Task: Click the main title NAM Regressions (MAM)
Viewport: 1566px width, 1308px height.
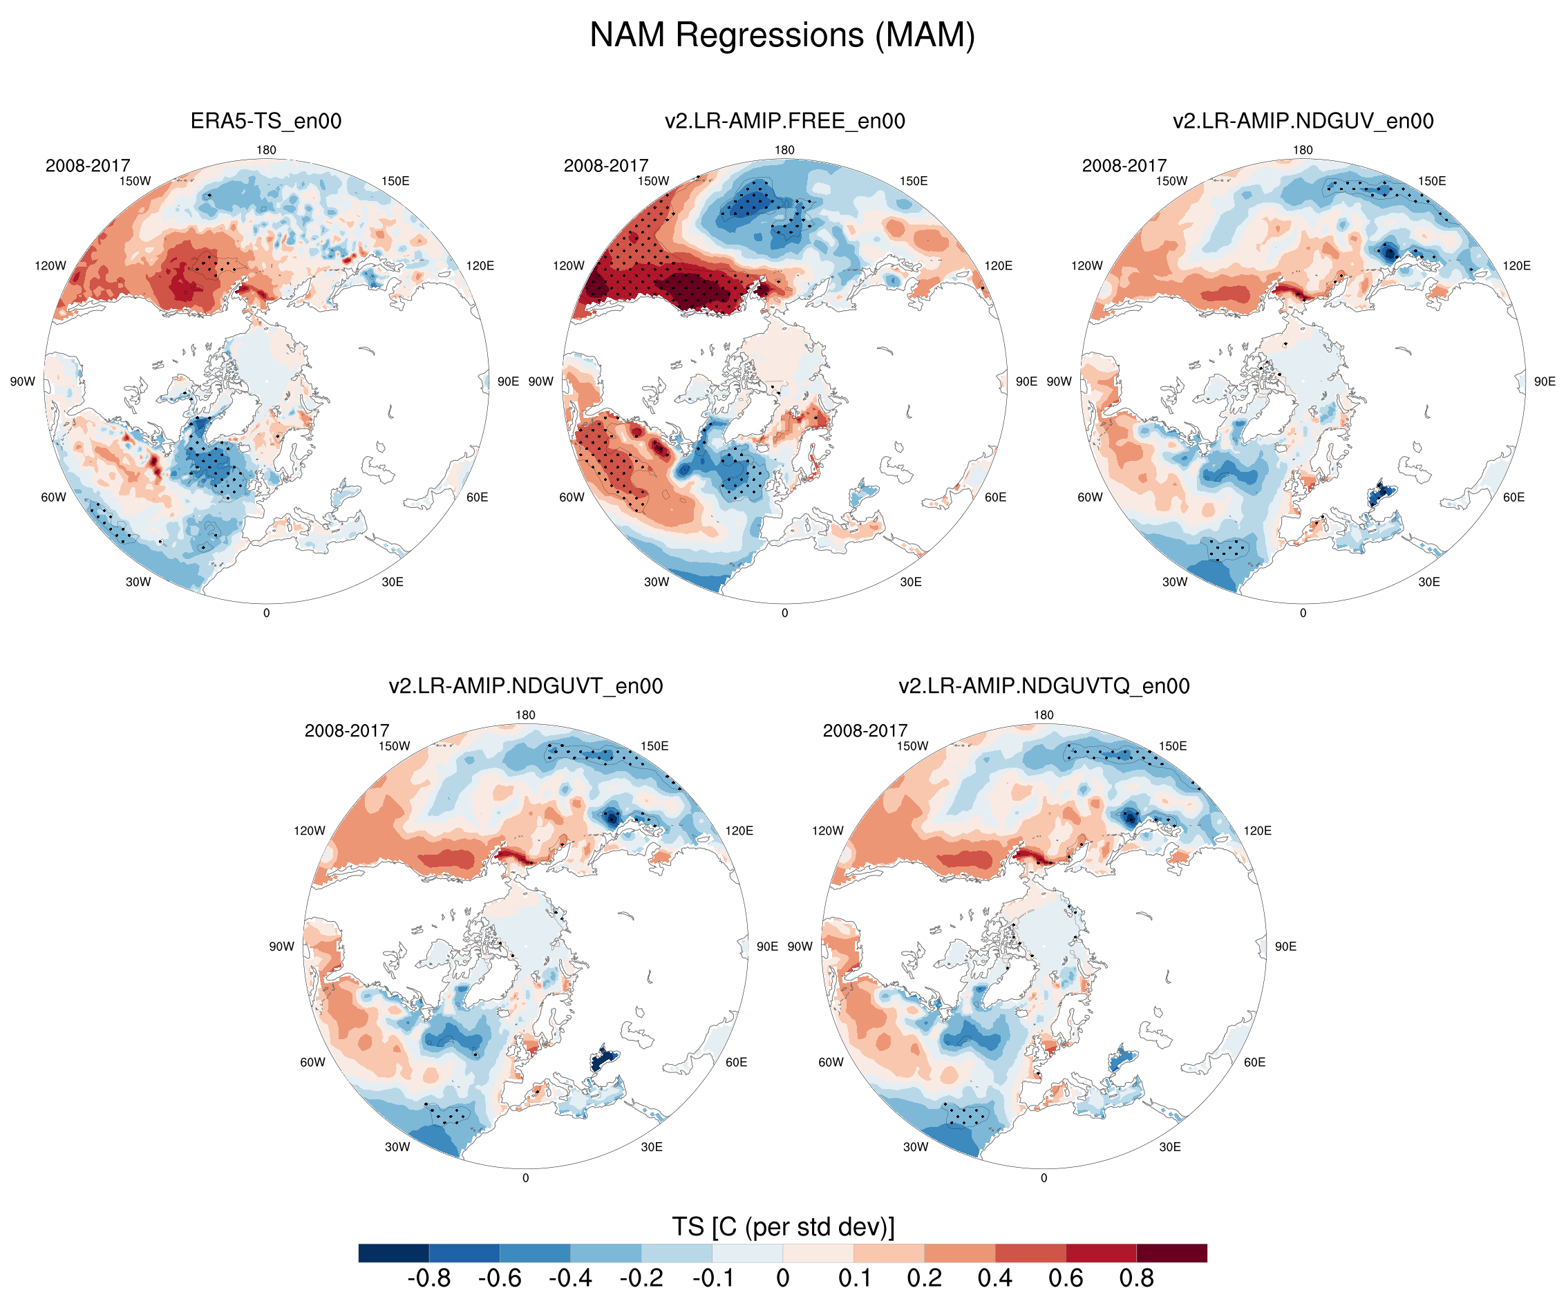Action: [782, 35]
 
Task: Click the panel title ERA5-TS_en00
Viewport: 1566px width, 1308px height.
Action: [265, 121]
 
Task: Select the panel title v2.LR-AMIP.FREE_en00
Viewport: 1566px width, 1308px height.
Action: [784, 121]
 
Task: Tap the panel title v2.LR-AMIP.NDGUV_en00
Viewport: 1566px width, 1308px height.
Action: [1303, 121]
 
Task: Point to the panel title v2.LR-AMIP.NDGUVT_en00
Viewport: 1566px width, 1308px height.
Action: [525, 686]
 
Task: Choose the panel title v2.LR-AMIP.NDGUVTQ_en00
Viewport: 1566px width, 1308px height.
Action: [1044, 686]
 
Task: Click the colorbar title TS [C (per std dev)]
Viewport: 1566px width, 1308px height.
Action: [782, 1226]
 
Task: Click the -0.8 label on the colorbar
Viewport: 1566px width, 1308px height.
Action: [428, 1278]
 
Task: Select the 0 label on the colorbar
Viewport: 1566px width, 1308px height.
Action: [782, 1278]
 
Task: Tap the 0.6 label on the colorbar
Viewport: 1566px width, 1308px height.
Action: [1065, 1278]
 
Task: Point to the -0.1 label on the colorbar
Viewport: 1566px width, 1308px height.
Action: [713, 1278]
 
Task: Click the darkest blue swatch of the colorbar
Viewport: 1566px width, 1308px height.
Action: [393, 1253]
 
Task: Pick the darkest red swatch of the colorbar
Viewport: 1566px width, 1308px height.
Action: [1171, 1253]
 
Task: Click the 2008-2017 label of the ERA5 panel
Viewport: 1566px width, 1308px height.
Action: [87, 166]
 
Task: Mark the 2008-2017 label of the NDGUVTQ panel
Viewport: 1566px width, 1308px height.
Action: [865, 731]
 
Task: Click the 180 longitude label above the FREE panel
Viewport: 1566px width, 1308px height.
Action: [784, 150]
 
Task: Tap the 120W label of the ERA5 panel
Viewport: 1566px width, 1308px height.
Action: [50, 265]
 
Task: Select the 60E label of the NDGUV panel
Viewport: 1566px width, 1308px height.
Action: [1513, 497]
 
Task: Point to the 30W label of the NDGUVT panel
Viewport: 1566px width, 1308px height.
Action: [397, 1147]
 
